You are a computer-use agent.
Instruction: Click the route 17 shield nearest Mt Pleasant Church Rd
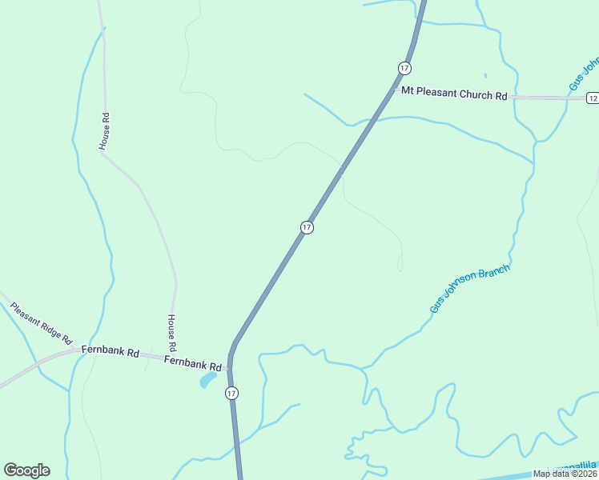404,67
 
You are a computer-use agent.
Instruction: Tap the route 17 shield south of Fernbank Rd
231,393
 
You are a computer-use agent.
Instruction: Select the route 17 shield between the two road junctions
307,228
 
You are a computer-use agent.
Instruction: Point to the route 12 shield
592,98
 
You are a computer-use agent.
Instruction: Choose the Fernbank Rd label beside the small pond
192,362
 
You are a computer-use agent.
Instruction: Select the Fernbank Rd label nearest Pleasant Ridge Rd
111,351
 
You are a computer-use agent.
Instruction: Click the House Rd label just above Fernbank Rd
171,331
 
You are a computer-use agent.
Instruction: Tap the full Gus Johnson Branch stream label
469,290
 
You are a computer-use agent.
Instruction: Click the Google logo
26,470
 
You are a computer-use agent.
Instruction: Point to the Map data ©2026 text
565,474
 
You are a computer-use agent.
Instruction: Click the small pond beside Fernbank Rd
207,378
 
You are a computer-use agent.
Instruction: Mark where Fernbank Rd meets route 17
230,367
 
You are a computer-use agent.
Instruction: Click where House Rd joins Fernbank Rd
173,358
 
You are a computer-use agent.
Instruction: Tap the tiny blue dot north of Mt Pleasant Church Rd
485,76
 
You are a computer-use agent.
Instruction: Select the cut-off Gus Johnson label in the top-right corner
583,74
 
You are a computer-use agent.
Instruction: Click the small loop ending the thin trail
400,262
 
